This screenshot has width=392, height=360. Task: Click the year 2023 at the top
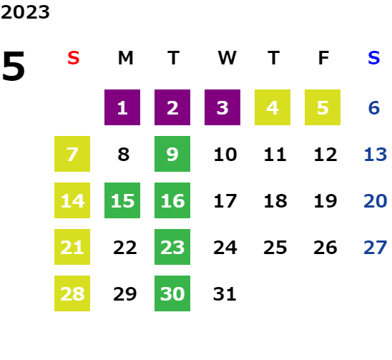25,12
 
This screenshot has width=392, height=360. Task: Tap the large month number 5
14,66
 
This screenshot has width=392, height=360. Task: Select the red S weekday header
74,58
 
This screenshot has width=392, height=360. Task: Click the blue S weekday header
373,58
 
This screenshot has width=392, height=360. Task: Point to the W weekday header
227,58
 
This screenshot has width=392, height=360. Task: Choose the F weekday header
324,58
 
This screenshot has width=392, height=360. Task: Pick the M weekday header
125,58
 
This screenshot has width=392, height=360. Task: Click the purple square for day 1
122,107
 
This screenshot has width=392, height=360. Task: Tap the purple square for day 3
222,107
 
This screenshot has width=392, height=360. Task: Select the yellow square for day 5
323,107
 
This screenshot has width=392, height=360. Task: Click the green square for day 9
172,154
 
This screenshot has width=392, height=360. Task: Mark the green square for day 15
122,200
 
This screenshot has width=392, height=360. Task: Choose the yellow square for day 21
72,247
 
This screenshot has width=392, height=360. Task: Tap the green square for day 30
172,293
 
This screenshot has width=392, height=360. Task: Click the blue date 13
376,155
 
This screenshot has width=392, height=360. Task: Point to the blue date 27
376,248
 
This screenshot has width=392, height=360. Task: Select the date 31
225,294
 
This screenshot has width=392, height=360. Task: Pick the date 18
275,201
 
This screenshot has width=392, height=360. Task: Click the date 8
124,155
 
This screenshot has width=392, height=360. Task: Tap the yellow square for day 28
72,293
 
